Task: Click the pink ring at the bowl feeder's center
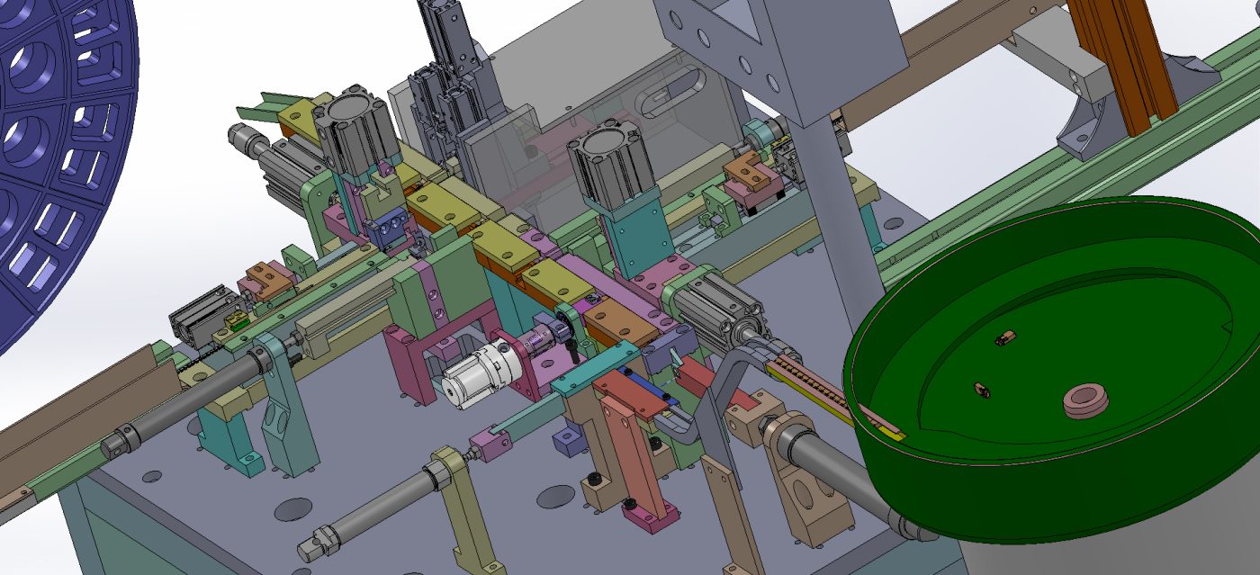click(x=1085, y=402)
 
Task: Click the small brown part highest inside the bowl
click(x=1005, y=339)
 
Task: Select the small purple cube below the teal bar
click(x=569, y=440)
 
